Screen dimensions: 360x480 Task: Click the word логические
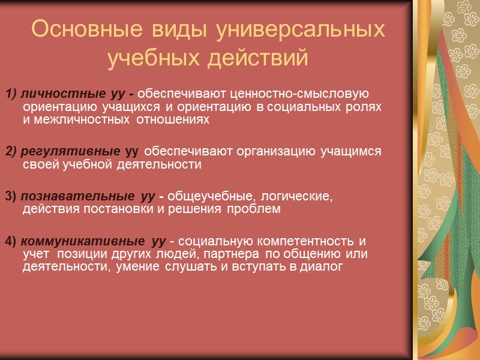tap(298, 196)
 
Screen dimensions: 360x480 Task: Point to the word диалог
tap(323, 267)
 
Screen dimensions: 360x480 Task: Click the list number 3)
tap(11, 196)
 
